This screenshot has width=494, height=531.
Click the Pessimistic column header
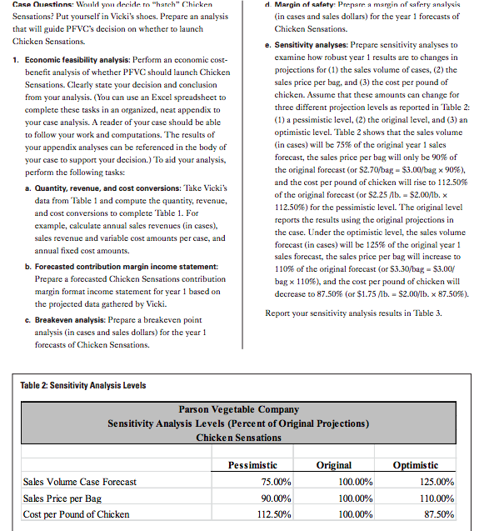252,464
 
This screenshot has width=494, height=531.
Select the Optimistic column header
427,464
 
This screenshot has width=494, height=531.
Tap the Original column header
334,464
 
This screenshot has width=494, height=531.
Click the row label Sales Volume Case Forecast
80,482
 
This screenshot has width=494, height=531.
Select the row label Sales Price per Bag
62,498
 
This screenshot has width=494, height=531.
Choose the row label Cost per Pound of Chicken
76,514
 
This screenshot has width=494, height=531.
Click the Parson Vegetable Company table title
239,410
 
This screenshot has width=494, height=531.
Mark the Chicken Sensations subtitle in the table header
239,438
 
